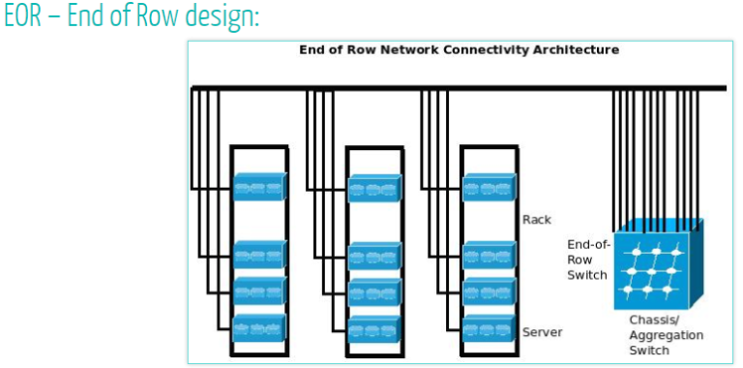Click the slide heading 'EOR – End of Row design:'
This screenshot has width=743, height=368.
132,17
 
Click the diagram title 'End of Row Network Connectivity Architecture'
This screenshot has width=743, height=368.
459,49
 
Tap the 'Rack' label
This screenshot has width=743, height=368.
536,219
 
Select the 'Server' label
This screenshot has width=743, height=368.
542,332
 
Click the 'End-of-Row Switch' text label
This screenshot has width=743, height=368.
587,260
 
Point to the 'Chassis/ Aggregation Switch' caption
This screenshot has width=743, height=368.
667,334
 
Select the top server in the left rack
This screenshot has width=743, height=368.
260,186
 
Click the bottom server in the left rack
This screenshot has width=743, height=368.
260,327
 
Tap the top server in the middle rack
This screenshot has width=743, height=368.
374,187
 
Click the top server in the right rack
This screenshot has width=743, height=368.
489,186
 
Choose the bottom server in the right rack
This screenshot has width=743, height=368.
489,327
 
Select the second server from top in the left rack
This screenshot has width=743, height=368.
260,255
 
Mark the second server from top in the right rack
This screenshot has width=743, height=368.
489,255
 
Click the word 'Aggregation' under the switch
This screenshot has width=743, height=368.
667,335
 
